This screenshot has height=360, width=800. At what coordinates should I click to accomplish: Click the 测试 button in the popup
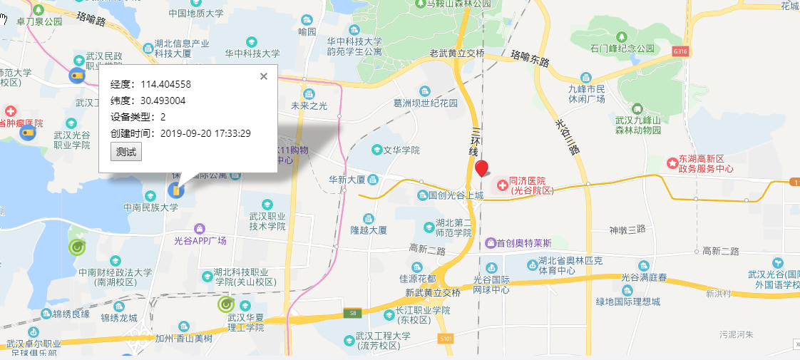(126, 152)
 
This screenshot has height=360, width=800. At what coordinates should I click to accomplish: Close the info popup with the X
(263, 76)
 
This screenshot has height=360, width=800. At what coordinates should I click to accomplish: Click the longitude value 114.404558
(165, 84)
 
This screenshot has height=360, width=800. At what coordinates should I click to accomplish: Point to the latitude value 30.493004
(163, 101)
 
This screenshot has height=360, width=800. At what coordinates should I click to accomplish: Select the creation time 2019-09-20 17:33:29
(205, 133)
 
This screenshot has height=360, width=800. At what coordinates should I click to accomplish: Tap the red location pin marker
(482, 168)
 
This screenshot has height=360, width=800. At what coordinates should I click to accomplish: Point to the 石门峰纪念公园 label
(622, 48)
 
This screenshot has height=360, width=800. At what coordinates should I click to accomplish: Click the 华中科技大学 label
(252, 53)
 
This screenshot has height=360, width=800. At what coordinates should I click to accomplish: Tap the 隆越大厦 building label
(368, 230)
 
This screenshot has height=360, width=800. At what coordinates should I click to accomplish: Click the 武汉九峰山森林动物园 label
(638, 125)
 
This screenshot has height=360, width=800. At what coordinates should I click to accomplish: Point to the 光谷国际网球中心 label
(491, 284)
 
